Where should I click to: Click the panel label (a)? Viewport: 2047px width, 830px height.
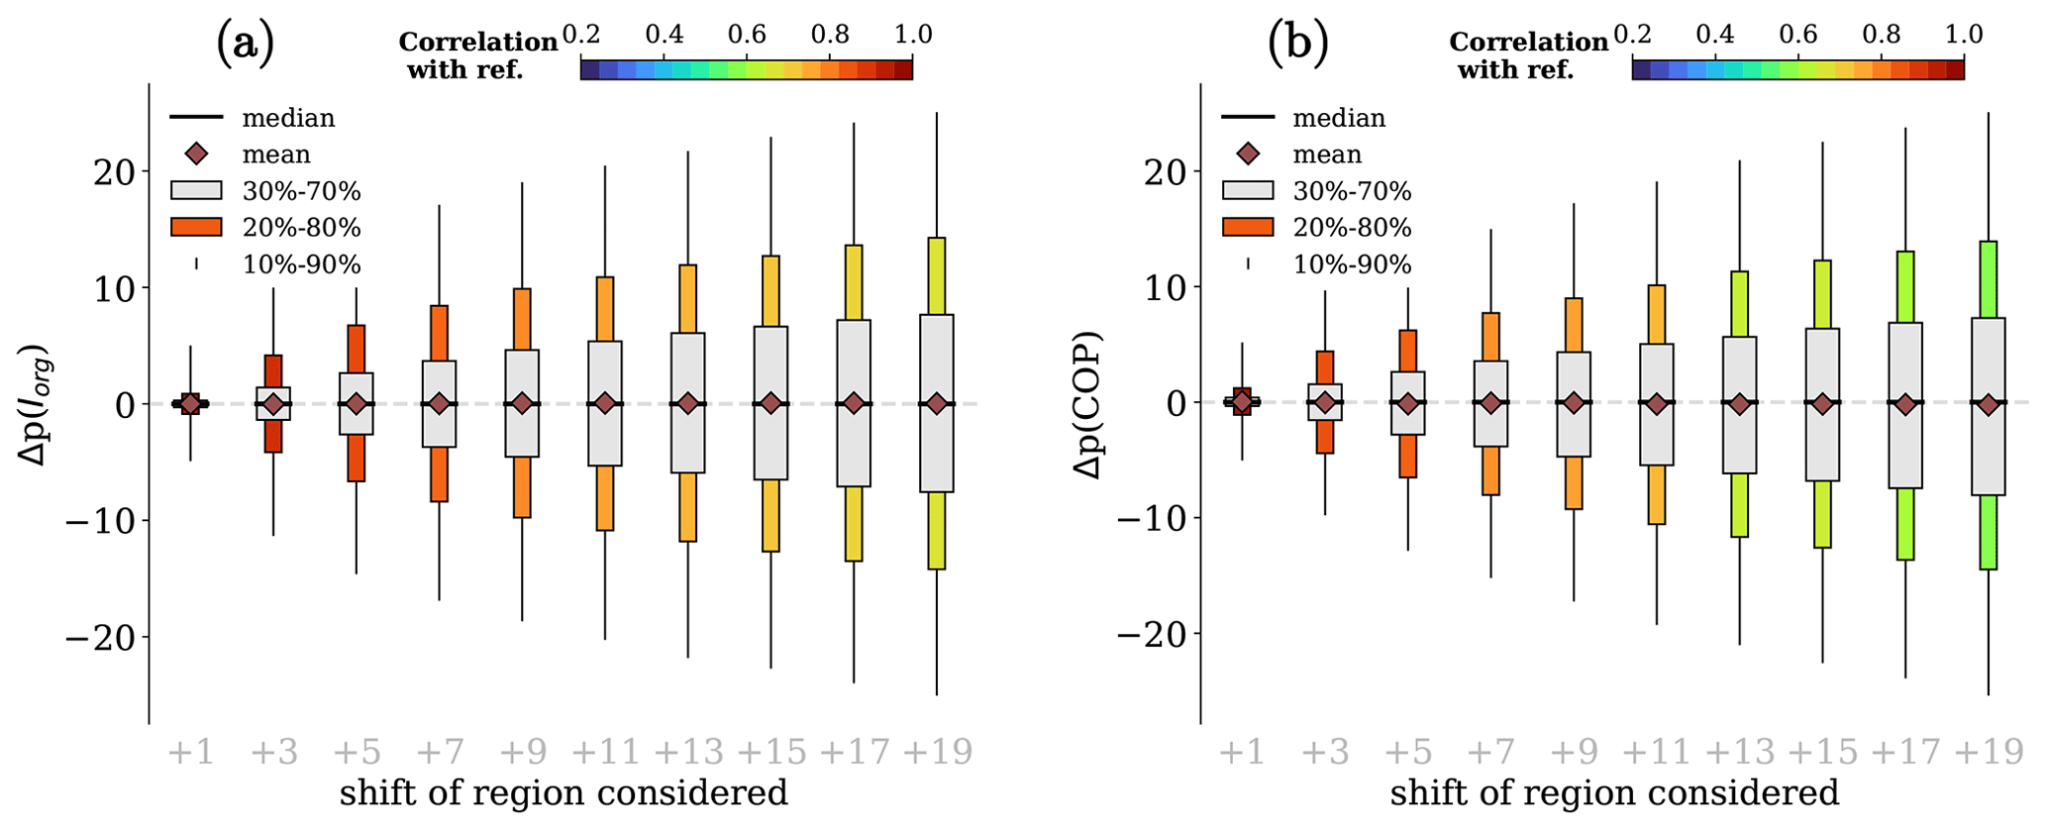pyautogui.click(x=245, y=43)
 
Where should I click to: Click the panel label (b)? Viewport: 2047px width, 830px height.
pyautogui.click(x=1297, y=43)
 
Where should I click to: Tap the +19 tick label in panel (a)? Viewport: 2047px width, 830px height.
pyautogui.click(x=938, y=753)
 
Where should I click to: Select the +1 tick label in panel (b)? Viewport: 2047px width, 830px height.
pyautogui.click(x=1242, y=753)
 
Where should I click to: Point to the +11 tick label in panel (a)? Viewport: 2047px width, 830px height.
pyautogui.click(x=605, y=753)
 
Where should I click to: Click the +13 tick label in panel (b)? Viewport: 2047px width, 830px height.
pyautogui.click(x=1739, y=753)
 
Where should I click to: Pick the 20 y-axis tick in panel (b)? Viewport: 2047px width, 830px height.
pyautogui.click(x=1164, y=171)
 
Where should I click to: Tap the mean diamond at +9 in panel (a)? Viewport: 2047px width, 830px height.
pyautogui.click(x=522, y=403)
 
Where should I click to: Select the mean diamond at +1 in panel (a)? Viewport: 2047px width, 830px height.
pyautogui.click(x=190, y=403)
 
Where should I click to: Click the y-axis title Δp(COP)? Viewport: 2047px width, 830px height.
pyautogui.click(x=1088, y=404)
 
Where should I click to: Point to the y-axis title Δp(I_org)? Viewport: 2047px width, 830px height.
pyautogui.click(x=37, y=404)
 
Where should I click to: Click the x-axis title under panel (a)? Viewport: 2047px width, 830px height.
pyautogui.click(x=563, y=793)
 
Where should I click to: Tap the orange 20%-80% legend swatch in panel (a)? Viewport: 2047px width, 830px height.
pyautogui.click(x=196, y=227)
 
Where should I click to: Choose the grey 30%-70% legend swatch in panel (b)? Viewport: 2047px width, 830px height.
pyautogui.click(x=1248, y=190)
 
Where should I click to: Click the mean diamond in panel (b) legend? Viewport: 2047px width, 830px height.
pyautogui.click(x=1248, y=154)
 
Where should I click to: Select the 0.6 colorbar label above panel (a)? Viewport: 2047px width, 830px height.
pyautogui.click(x=748, y=35)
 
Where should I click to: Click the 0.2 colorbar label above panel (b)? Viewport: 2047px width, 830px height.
pyautogui.click(x=1633, y=35)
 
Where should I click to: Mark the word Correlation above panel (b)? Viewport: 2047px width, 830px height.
pyautogui.click(x=1529, y=42)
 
